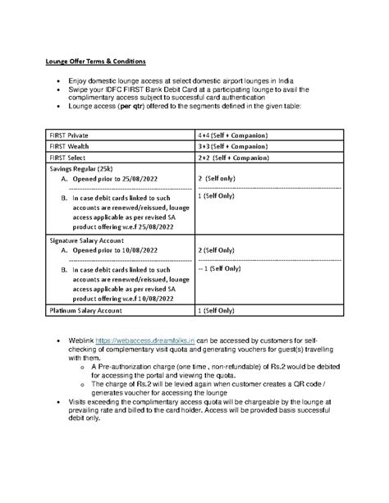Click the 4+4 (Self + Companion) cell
click(x=236, y=133)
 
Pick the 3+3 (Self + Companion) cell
click(x=236, y=146)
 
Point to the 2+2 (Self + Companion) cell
click(x=236, y=159)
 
